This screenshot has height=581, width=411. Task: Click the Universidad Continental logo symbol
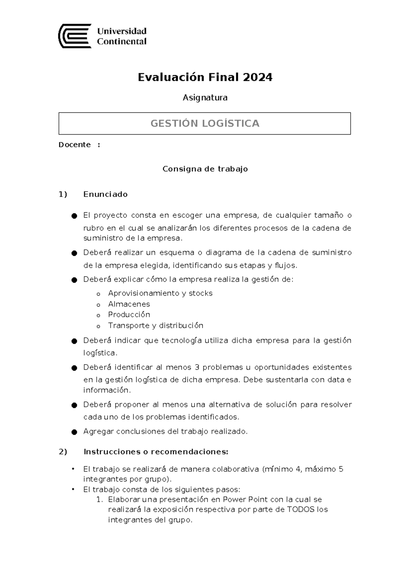pos(75,36)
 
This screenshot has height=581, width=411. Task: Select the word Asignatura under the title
pos(205,98)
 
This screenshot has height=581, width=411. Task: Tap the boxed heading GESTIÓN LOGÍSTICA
pos(205,123)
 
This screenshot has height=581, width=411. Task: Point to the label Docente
pos(75,145)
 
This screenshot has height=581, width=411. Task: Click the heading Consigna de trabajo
pos(205,169)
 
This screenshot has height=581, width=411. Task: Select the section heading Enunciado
pos(105,194)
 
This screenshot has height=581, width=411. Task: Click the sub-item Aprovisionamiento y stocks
pos(160,293)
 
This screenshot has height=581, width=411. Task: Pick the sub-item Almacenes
pos(129,304)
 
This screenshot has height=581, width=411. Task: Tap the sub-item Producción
pos(129,314)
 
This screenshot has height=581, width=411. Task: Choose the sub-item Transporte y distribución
pos(155,325)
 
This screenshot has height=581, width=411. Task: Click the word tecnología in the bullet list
pos(182,341)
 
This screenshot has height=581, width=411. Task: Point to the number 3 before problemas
pos(197,367)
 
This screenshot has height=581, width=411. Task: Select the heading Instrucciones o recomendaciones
pos(155,452)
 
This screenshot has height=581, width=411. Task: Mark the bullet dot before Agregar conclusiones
pos(74,432)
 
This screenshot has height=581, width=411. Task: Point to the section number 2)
pos(63,452)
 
